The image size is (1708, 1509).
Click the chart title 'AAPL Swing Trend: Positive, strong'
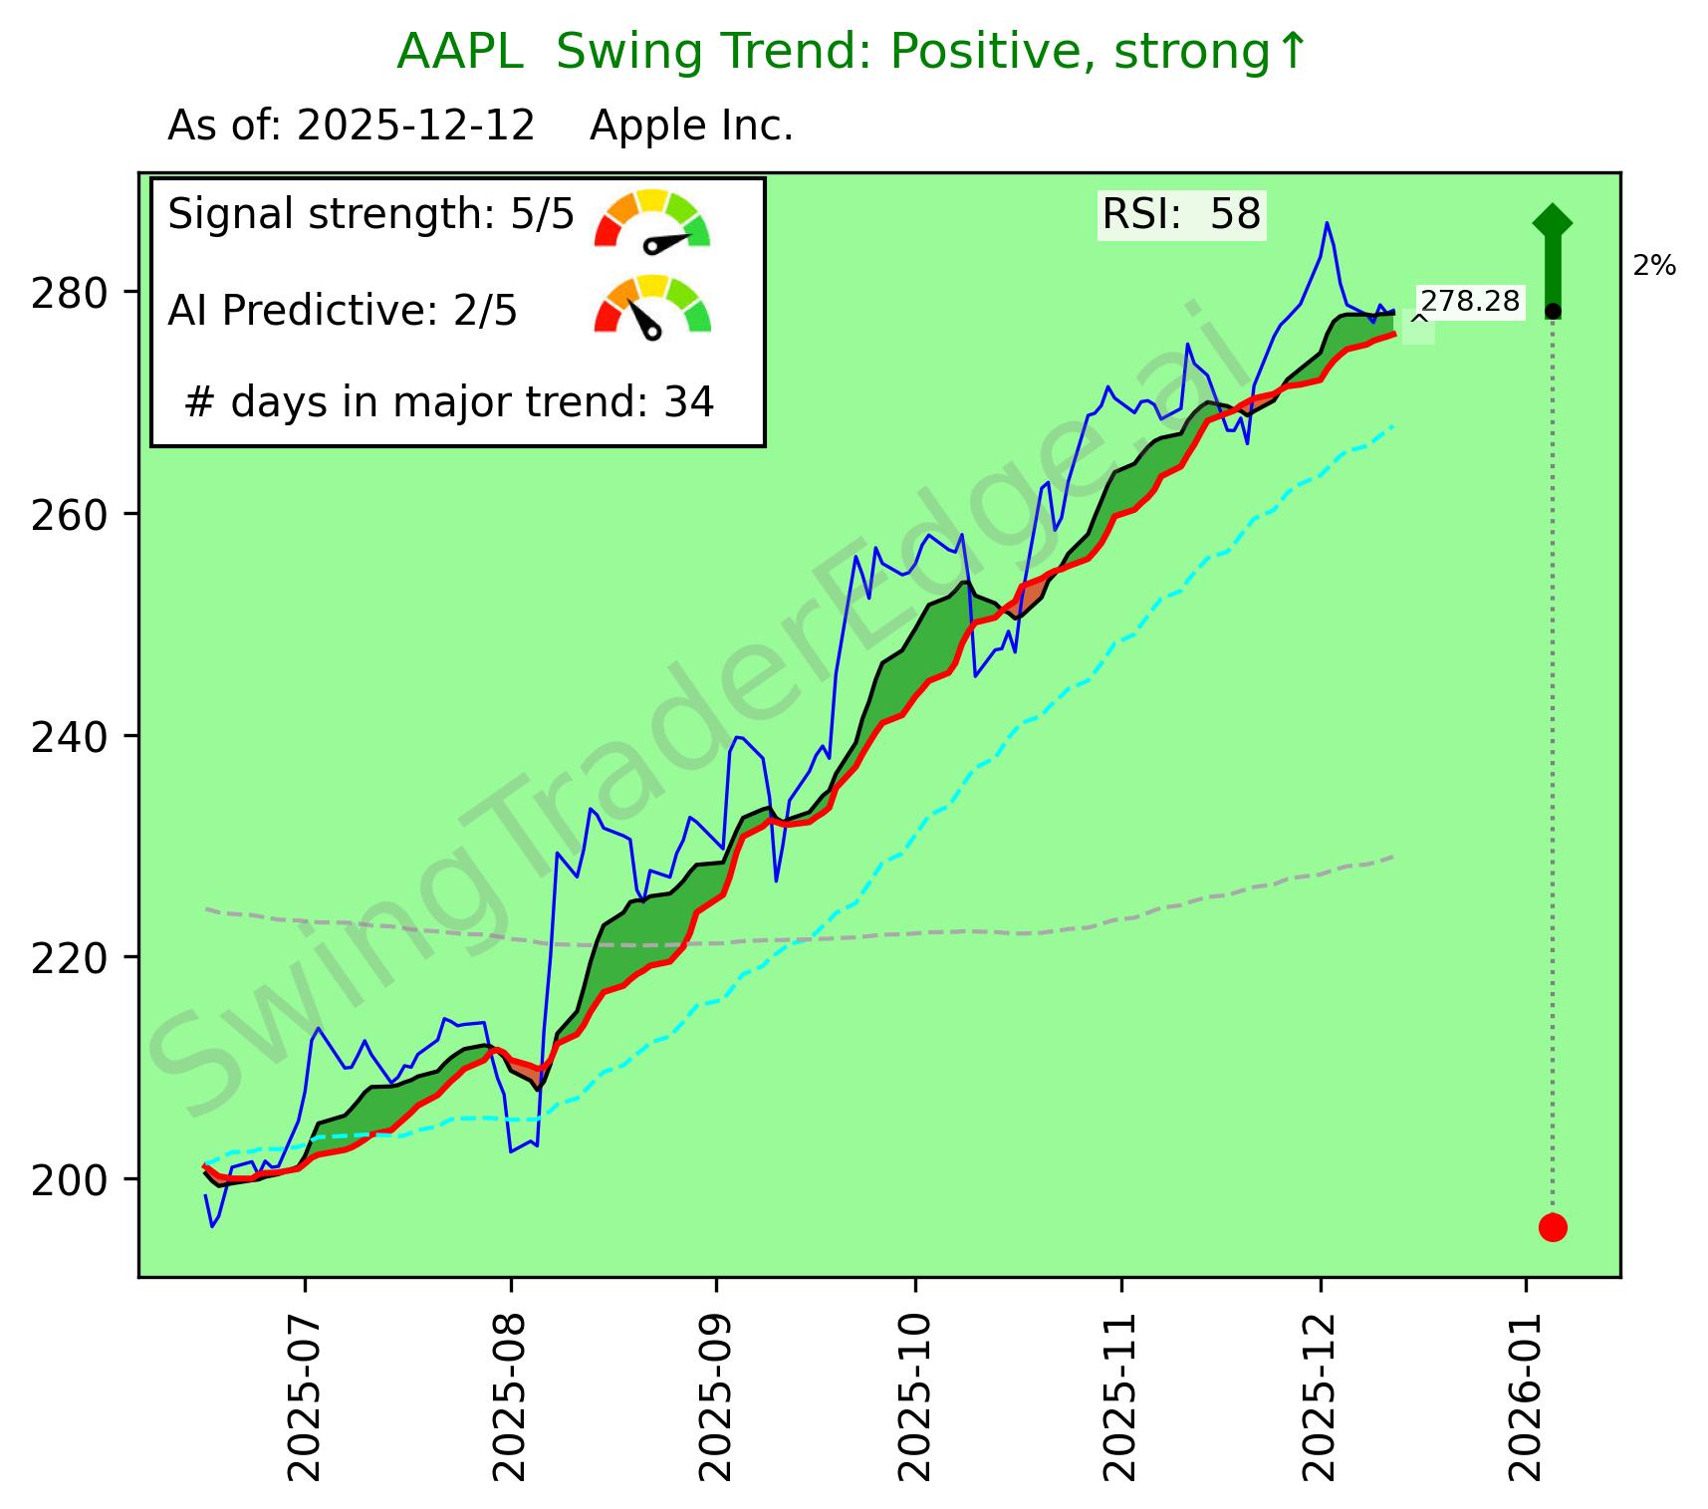click(x=851, y=52)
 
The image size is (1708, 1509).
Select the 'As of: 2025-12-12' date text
click(x=352, y=126)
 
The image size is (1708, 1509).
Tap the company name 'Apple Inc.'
click(x=691, y=126)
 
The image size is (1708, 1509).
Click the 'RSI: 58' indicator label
click(x=1181, y=214)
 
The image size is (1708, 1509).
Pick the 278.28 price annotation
click(x=1470, y=301)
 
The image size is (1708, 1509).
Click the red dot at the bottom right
click(x=1553, y=1227)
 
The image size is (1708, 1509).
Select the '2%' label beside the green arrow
click(x=1654, y=266)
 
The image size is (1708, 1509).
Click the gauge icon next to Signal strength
click(x=652, y=219)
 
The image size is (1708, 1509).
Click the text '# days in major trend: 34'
click(x=449, y=402)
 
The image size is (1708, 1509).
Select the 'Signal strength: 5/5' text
click(x=370, y=214)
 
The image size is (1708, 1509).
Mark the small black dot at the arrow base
click(x=1553, y=312)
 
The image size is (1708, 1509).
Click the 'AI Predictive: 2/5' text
click(x=343, y=311)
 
